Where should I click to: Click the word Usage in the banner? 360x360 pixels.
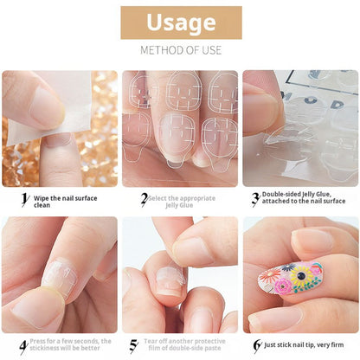(x=180, y=22)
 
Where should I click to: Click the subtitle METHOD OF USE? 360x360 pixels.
(x=180, y=50)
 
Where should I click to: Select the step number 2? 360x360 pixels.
(x=144, y=198)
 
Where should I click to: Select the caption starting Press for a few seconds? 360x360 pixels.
(x=69, y=344)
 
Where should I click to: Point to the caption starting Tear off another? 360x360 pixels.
(x=184, y=344)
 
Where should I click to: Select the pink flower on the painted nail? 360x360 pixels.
(x=283, y=286)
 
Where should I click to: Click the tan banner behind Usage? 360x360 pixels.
(x=130, y=22)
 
